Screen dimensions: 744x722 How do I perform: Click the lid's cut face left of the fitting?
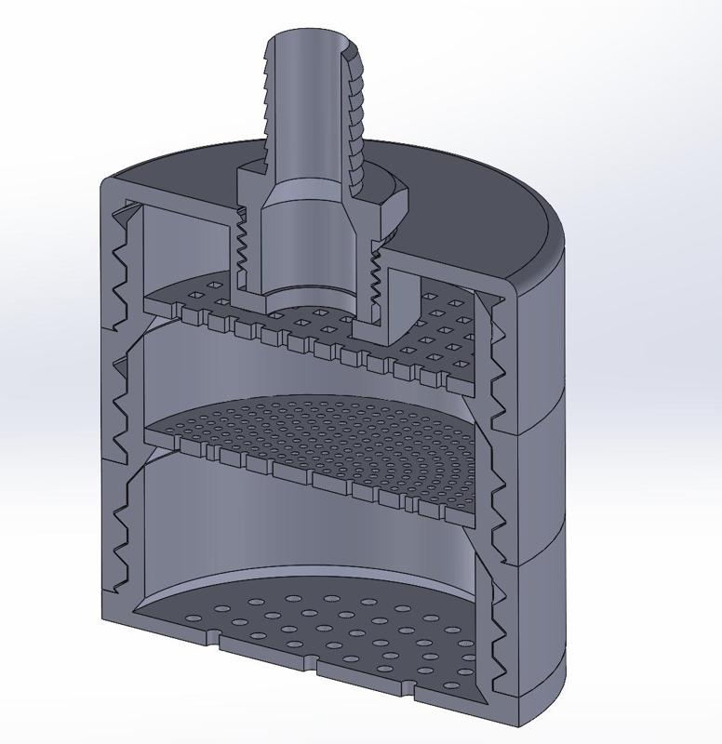tap(177, 193)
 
